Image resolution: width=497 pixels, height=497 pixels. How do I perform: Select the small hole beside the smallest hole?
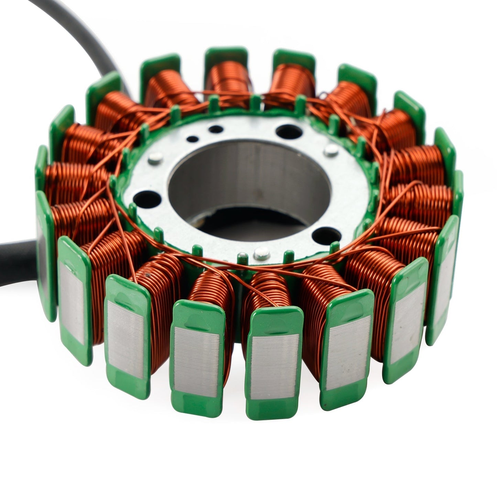point(216,130)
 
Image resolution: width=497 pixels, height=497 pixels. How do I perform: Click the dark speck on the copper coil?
point(148,275)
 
